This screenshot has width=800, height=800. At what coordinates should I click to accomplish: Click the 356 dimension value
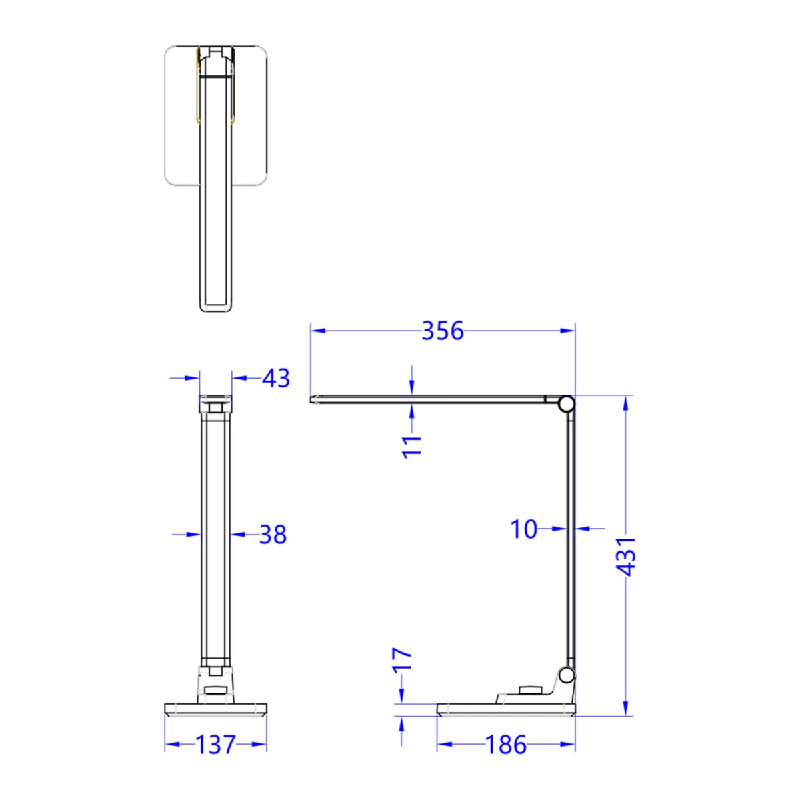tap(442, 331)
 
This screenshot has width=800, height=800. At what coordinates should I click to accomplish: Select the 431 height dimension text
tap(626, 555)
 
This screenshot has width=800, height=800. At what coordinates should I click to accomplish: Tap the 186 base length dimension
tap(505, 745)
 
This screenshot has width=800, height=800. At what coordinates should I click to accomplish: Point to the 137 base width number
tap(215, 745)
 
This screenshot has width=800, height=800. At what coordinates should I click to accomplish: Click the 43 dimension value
tap(276, 379)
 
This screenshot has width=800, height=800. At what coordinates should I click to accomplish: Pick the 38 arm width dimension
tap(272, 535)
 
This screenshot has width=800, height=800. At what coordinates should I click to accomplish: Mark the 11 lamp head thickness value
tap(413, 445)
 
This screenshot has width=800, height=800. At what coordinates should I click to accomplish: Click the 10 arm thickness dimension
tap(523, 529)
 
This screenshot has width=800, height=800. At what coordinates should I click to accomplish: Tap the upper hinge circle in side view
tap(566, 403)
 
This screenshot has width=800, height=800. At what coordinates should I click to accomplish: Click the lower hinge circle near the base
tap(566, 675)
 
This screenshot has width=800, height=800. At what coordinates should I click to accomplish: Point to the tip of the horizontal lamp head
tap(312, 400)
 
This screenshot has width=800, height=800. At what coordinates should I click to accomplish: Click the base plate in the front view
tap(216, 709)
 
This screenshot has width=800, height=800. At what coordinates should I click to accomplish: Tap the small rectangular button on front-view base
tap(215, 691)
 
